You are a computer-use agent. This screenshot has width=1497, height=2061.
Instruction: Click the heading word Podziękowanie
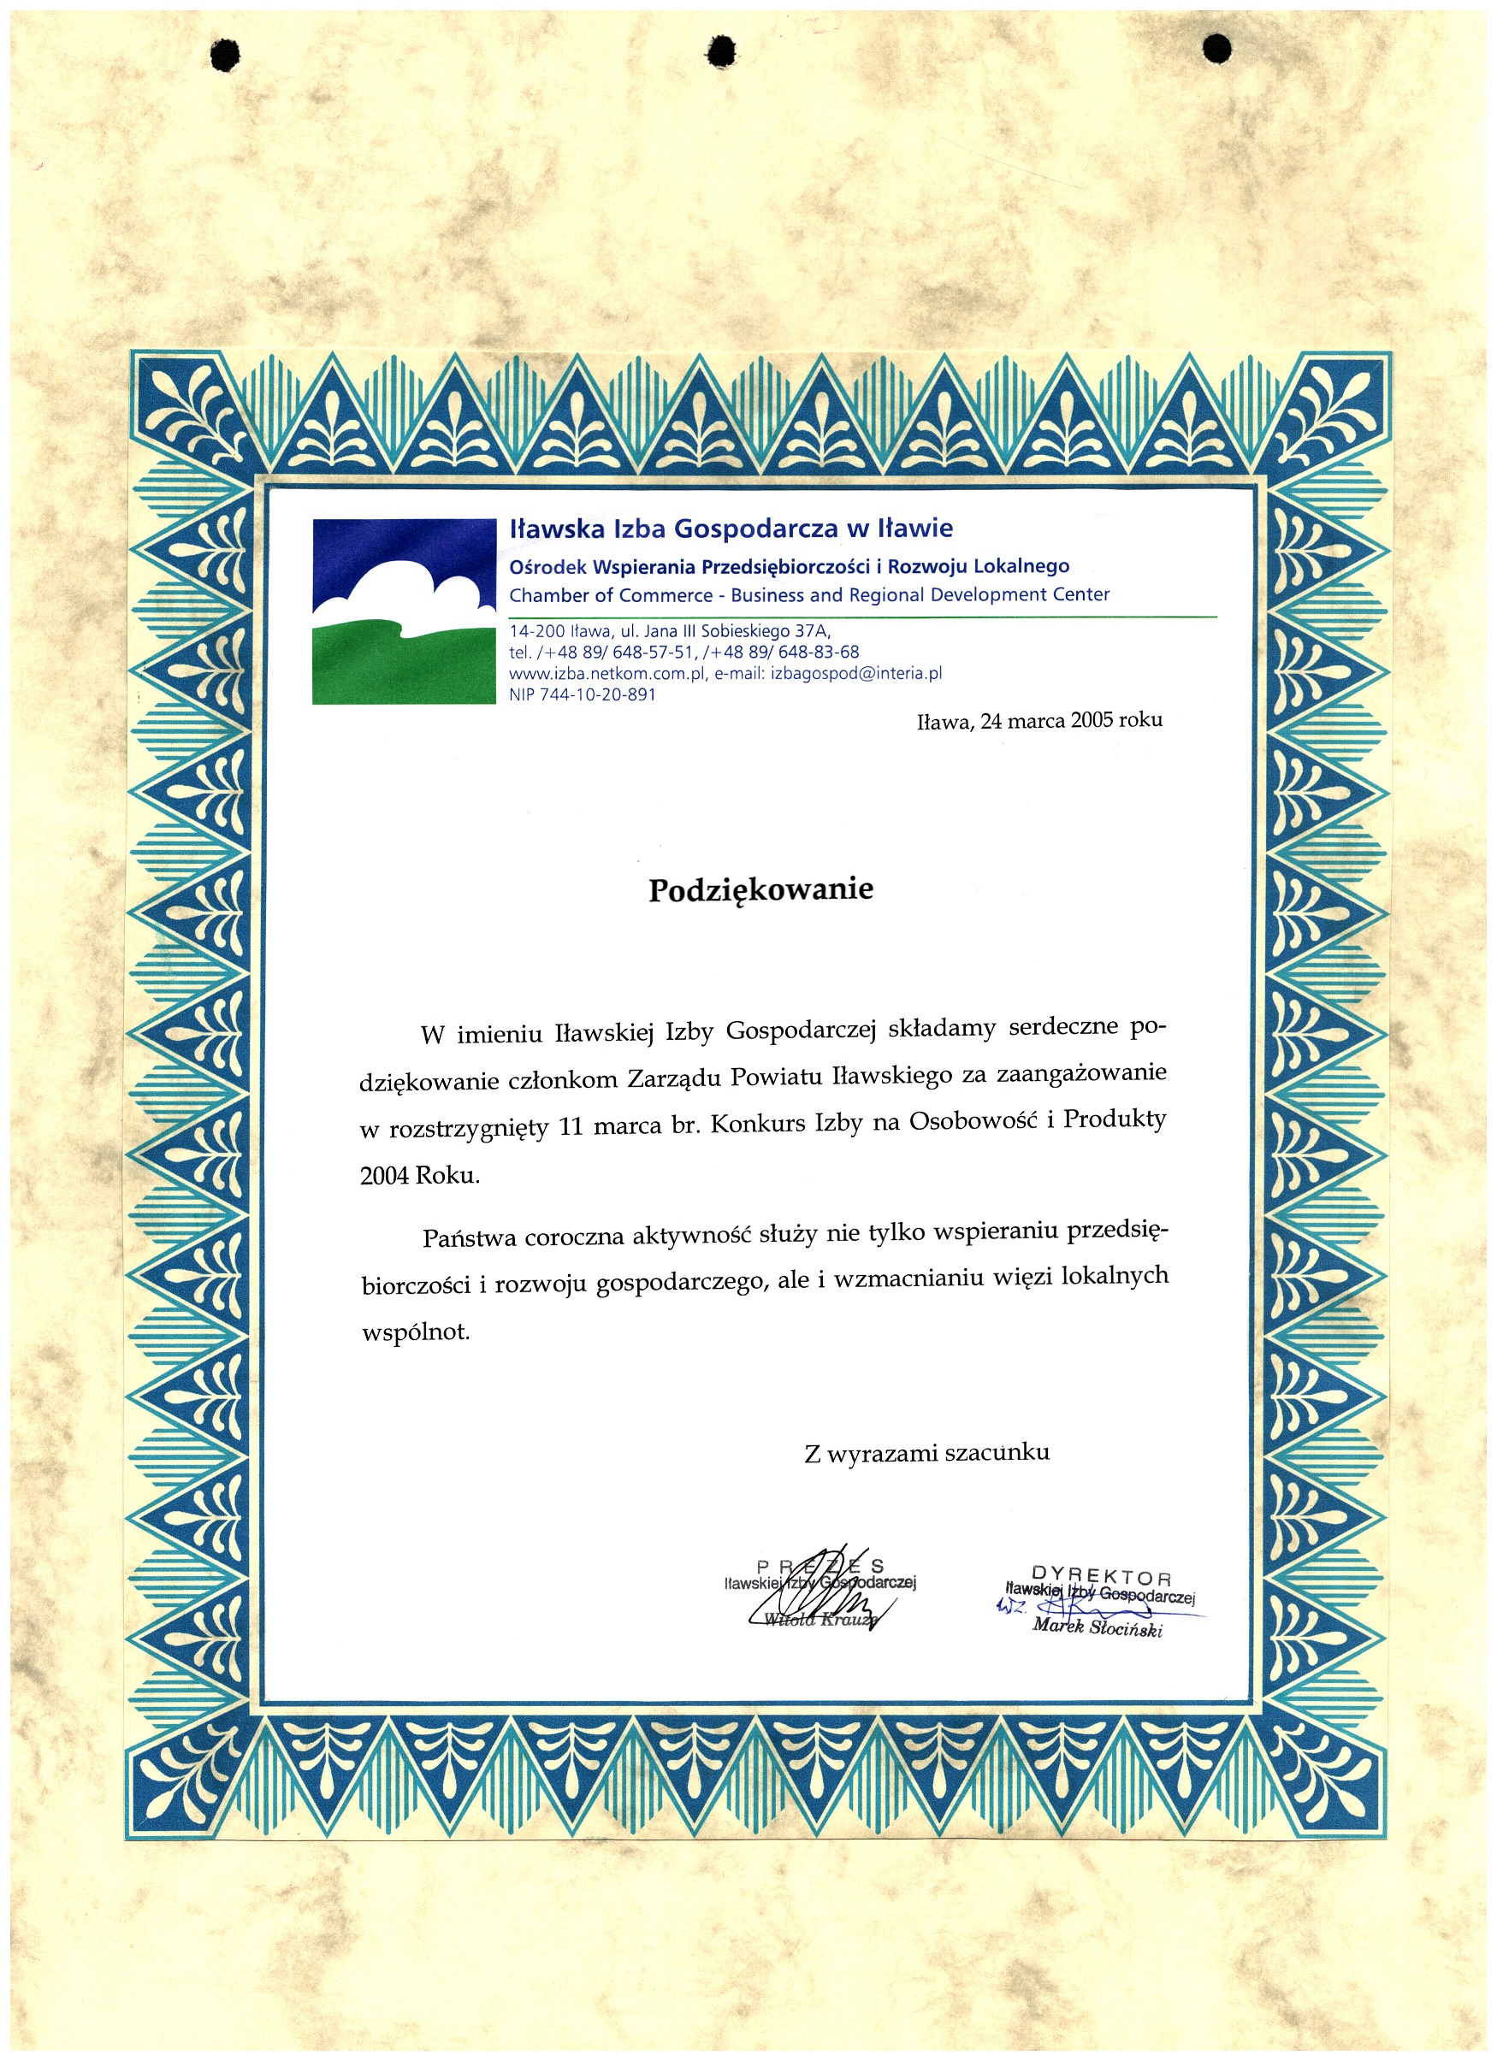(x=760, y=889)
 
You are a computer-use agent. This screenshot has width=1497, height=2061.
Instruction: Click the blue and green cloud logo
(x=404, y=611)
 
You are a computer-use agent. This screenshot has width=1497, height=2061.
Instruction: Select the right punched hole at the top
(x=1217, y=48)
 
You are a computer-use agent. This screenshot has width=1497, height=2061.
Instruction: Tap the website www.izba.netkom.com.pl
(x=607, y=673)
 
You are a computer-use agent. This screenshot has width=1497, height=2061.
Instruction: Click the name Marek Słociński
(x=1097, y=1627)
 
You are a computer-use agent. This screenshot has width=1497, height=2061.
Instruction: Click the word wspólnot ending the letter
(x=416, y=1334)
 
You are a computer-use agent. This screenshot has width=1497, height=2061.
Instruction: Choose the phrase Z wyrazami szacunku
(x=927, y=1453)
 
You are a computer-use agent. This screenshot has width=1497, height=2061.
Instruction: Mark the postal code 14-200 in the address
(x=536, y=630)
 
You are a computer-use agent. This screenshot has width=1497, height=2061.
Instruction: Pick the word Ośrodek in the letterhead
(x=547, y=567)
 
